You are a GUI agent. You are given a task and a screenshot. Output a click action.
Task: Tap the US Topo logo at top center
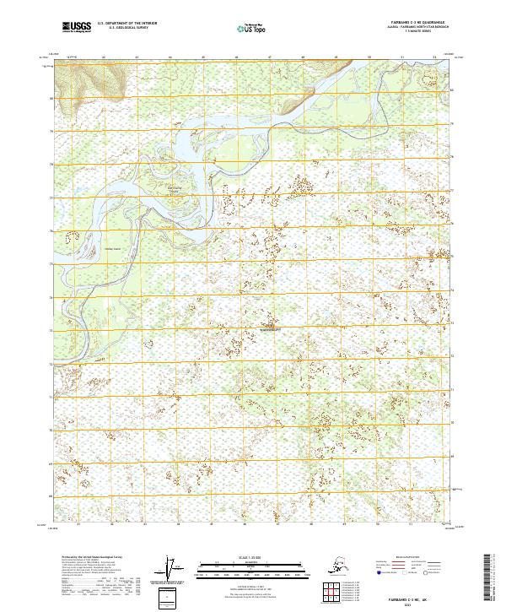point(247,27)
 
